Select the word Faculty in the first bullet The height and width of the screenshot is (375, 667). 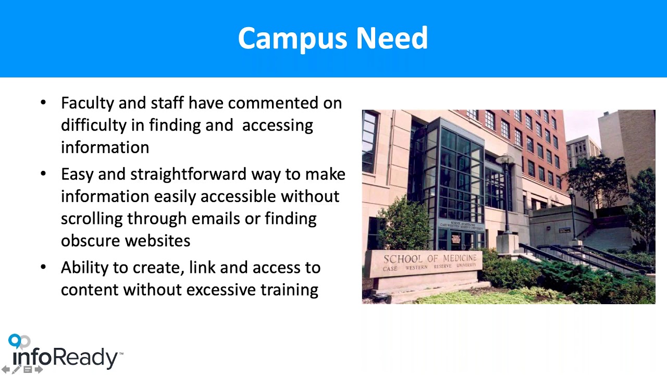coord(87,103)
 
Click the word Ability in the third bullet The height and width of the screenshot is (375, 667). coord(85,268)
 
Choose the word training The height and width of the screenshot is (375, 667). coord(289,290)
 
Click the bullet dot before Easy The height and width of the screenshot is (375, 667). coord(43,174)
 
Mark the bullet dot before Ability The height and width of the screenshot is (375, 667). coord(43,268)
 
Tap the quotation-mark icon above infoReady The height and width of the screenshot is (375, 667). coord(19,341)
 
